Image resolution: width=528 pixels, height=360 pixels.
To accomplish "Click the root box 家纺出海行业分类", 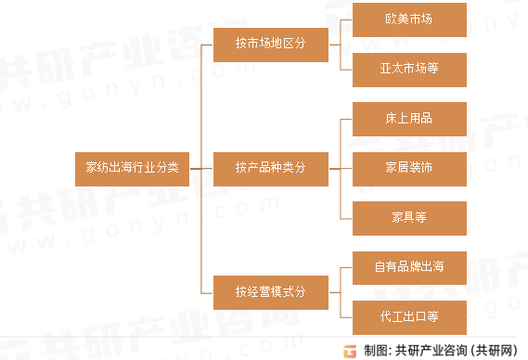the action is tap(133, 168).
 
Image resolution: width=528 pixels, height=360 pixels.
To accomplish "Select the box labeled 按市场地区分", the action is tap(270, 43).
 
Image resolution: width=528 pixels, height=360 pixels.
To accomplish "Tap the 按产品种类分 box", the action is tap(270, 168).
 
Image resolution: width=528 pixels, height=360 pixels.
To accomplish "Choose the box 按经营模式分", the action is tap(270, 292).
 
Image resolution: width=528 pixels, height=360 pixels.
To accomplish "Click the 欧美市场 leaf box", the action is tap(408, 19).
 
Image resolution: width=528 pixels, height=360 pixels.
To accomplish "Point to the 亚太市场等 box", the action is tap(408, 68).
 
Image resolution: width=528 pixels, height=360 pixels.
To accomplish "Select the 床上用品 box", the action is tap(408, 119).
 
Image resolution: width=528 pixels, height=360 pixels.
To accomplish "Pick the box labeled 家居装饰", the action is tap(408, 168).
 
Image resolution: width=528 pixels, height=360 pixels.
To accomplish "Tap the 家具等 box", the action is tap(408, 217).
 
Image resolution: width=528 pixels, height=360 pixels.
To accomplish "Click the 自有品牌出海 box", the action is tap(408, 267).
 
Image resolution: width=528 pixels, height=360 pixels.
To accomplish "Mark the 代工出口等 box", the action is tap(408, 316).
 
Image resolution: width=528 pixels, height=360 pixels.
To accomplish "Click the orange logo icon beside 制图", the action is tap(350, 349).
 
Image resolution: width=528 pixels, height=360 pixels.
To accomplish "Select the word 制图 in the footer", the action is tap(374, 350).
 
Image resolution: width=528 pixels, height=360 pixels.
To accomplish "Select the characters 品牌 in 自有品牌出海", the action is tap(408, 267).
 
